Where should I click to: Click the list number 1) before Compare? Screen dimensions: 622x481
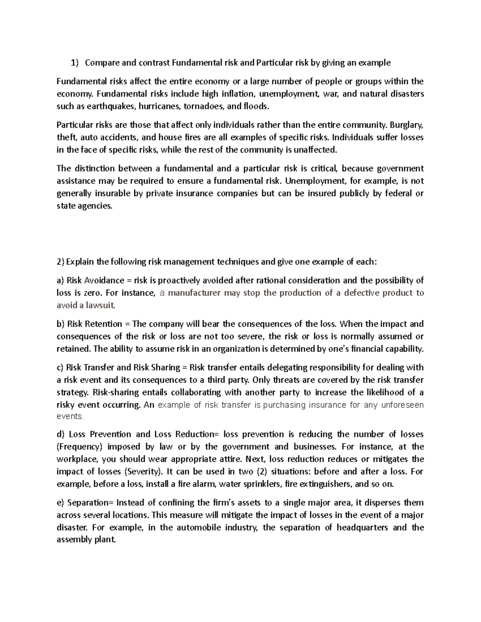pyautogui.click(x=75, y=62)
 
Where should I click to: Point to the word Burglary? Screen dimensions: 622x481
pyautogui.click(x=406, y=125)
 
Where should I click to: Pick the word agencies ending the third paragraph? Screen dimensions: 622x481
pyautogui.click(x=95, y=206)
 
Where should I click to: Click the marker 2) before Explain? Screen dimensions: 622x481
pyautogui.click(x=61, y=262)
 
